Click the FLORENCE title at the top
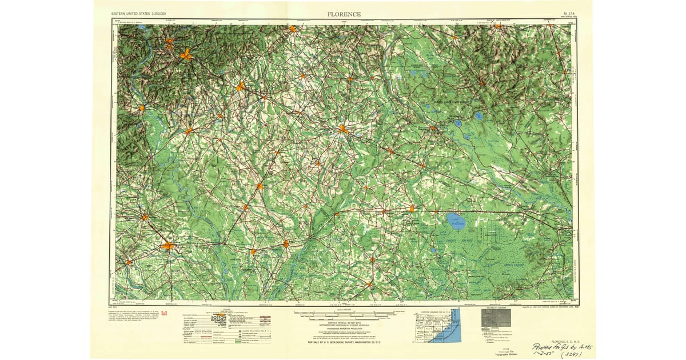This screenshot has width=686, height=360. tap(344, 13)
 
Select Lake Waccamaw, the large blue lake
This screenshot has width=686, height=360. tap(456, 222)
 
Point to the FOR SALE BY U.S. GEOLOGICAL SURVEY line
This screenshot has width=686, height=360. tap(343, 342)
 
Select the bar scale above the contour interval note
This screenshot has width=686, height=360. tap(343, 314)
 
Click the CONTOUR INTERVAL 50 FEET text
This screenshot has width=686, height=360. tap(343, 322)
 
